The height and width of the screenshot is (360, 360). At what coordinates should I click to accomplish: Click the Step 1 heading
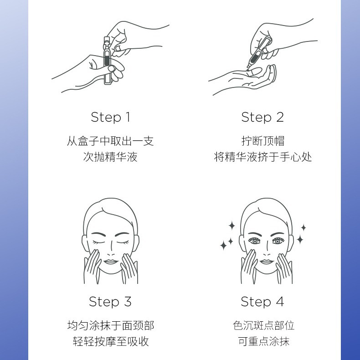[111, 117]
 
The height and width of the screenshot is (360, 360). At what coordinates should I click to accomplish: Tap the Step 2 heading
[262, 117]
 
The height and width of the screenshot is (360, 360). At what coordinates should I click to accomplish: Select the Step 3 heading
[110, 302]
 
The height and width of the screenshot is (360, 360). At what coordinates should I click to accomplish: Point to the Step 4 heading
[262, 302]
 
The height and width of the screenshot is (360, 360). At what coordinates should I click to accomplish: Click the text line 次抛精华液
[110, 157]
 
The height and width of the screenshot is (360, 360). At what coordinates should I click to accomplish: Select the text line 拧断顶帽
[263, 141]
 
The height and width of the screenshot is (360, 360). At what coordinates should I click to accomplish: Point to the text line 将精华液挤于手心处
[263, 157]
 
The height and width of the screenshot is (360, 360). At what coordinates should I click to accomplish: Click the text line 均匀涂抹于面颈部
[111, 325]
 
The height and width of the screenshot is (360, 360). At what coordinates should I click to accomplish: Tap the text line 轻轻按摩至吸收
[111, 341]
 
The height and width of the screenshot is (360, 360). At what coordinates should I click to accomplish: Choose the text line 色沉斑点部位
[263, 325]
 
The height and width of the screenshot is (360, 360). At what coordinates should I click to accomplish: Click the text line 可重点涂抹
[263, 341]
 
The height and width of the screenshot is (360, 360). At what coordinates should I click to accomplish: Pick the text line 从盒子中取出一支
[110, 141]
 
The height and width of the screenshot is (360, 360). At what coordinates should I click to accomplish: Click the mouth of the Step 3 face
[111, 262]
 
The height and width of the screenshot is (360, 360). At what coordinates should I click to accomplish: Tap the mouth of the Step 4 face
[267, 262]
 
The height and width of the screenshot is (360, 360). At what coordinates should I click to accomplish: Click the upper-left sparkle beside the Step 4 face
[232, 226]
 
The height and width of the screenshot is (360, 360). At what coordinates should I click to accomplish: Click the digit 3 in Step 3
[128, 302]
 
